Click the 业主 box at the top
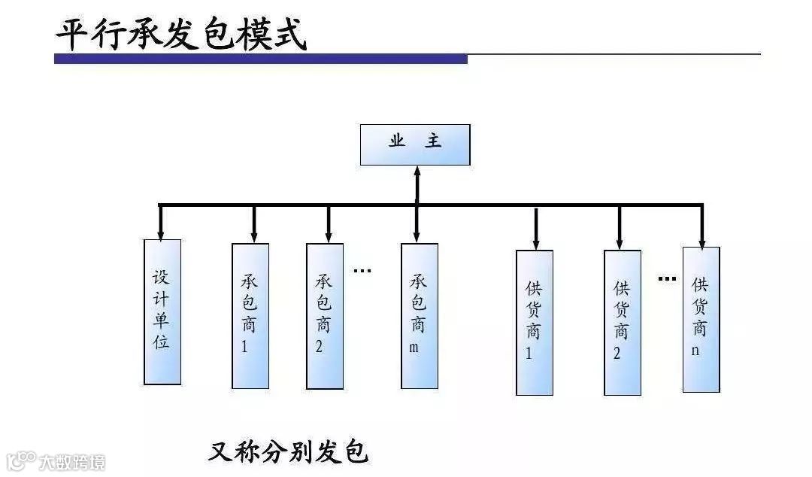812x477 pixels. tap(415, 144)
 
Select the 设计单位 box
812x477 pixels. tap(162, 311)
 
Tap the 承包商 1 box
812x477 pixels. tap(250, 316)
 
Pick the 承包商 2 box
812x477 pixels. tap(325, 316)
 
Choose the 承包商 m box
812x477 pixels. tap(419, 316)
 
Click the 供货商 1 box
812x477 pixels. tap(534, 322)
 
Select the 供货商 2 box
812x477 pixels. tap(623, 322)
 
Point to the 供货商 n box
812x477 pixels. tap(701, 319)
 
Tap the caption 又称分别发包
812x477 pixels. tap(289, 451)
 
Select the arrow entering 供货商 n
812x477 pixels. tap(701, 239)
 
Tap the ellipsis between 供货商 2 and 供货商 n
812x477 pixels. tap(667, 279)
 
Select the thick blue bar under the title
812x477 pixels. tap(260, 59)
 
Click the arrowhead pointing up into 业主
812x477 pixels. tap(417, 172)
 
